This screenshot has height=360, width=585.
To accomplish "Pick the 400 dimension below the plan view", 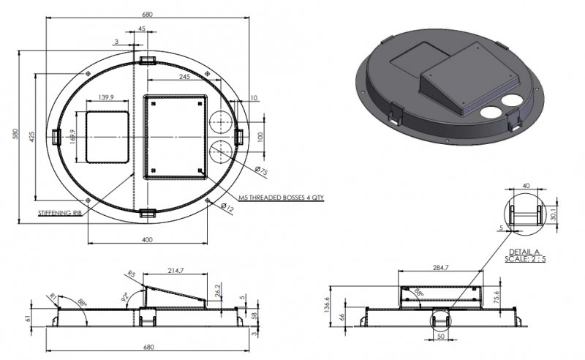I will pyautogui.click(x=148, y=239).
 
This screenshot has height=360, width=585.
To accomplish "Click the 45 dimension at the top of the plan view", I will pyautogui.click(x=141, y=29).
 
